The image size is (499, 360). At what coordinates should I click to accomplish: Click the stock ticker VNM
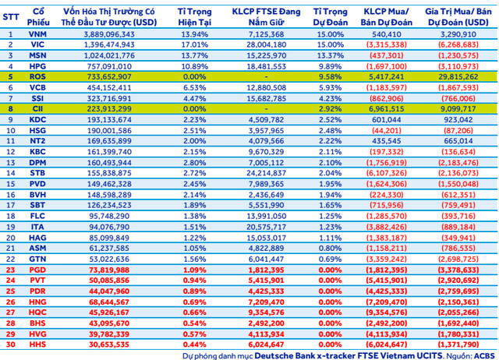tap(36, 35)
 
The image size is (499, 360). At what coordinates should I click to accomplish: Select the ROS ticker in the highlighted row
tap(36, 78)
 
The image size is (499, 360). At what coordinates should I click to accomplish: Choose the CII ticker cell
tap(36, 110)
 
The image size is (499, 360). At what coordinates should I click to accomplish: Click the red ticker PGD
tap(36, 269)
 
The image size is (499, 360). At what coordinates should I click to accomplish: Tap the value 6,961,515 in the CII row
tap(388, 110)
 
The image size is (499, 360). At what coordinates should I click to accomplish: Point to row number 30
tap(11, 343)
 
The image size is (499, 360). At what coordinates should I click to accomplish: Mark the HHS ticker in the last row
tap(36, 343)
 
